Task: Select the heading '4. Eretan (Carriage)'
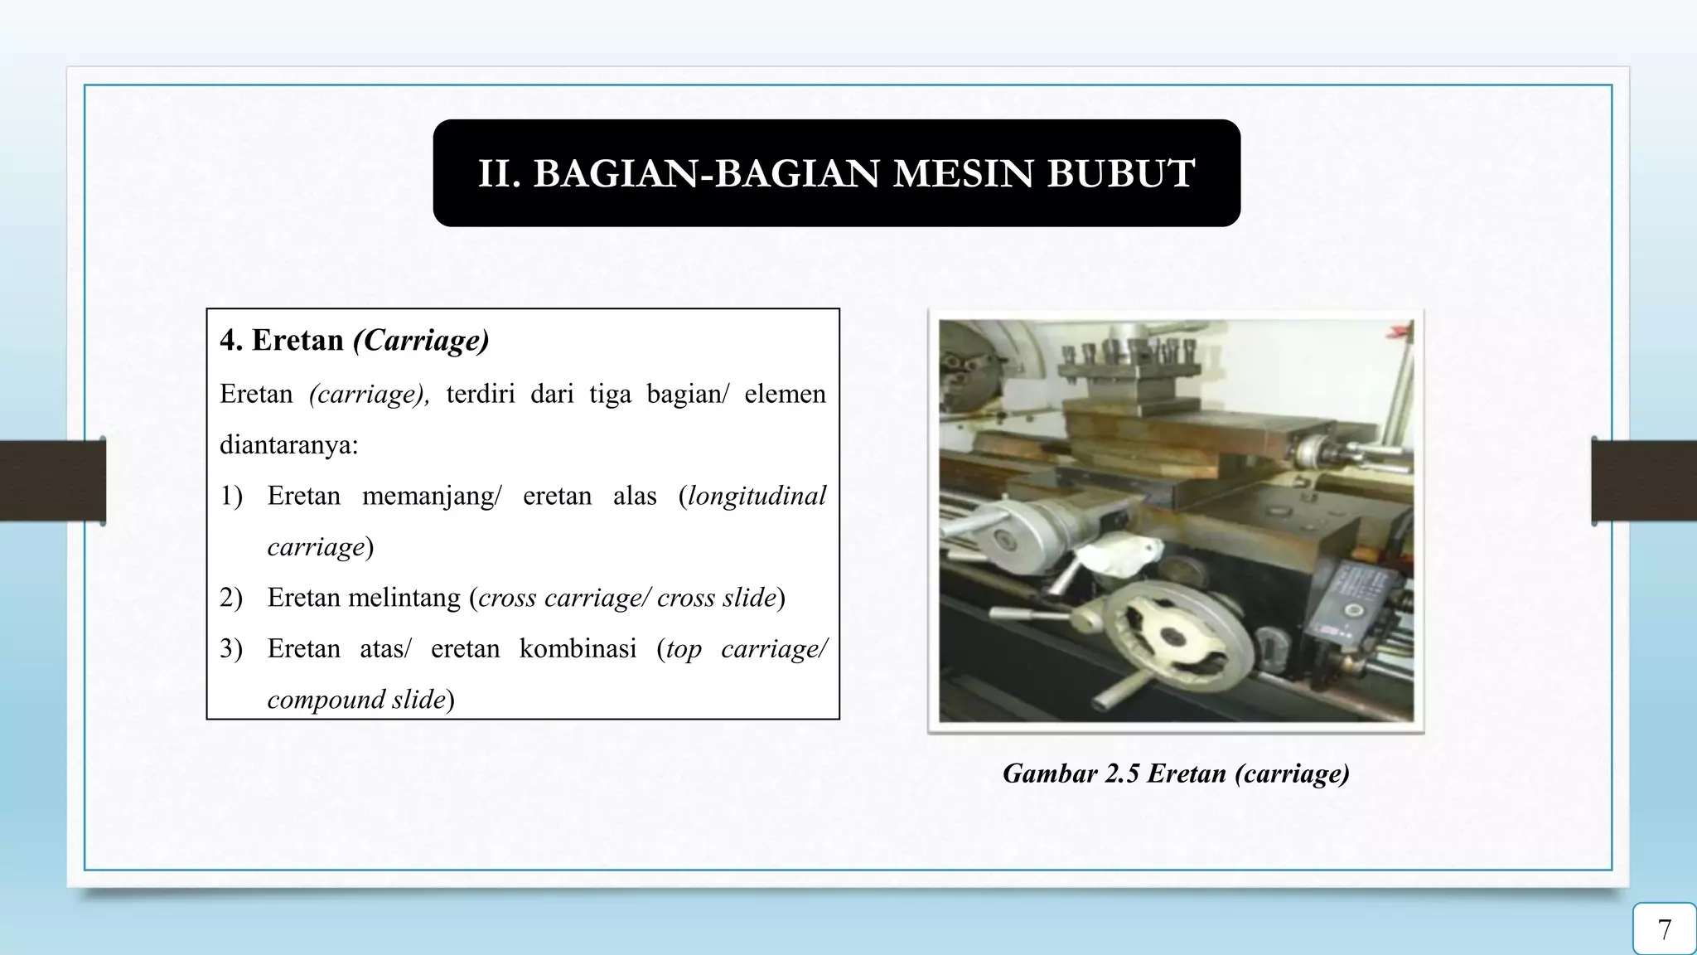click(354, 340)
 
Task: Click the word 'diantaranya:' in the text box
click(288, 445)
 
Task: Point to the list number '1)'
click(231, 496)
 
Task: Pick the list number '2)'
click(231, 598)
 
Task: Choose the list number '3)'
click(231, 648)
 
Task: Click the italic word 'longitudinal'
click(757, 496)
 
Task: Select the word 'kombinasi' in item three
click(578, 648)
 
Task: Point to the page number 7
click(1664, 929)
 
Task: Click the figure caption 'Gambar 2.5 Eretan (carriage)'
click(1176, 773)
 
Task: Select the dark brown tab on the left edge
click(52, 481)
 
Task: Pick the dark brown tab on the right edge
click(1644, 481)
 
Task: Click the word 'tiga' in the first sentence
click(609, 394)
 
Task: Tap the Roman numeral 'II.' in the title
click(499, 173)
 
